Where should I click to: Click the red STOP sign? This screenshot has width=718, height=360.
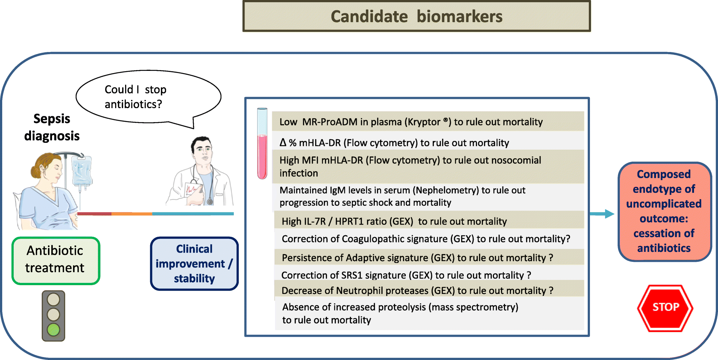[x=665, y=308]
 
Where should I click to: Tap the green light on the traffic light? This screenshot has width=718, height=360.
[x=53, y=329]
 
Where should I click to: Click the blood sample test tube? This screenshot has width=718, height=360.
[x=262, y=143]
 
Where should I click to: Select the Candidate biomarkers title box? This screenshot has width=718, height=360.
[x=417, y=16]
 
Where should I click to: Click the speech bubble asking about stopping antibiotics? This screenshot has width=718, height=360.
[x=148, y=97]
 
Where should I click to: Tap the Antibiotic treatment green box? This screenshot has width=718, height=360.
[x=56, y=261]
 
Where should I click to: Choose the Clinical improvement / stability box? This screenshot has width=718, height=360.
[x=194, y=263]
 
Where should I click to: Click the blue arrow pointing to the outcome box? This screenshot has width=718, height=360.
[x=602, y=214]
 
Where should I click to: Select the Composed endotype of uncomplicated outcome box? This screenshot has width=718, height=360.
[x=664, y=211]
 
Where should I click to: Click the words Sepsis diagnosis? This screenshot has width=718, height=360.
[x=52, y=127]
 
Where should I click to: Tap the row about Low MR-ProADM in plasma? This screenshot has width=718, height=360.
[x=428, y=121]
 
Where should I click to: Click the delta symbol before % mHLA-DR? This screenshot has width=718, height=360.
[x=283, y=142]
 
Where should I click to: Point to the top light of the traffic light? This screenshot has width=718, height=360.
[x=53, y=300]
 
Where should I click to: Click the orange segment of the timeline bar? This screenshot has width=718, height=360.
[x=132, y=214]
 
